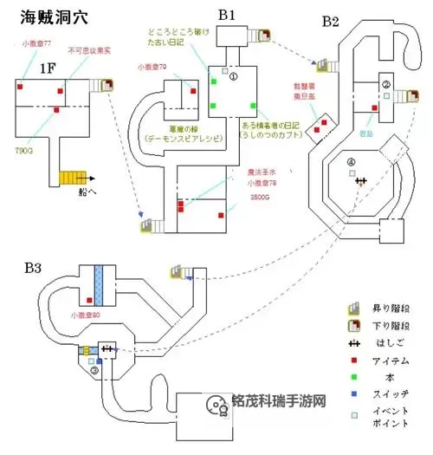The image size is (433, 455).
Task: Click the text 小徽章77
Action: (x=36, y=42)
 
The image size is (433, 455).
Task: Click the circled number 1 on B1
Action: (x=233, y=76)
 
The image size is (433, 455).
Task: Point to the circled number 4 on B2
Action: (x=351, y=162)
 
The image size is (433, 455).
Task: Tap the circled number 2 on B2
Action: (x=387, y=84)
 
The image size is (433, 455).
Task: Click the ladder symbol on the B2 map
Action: (x=361, y=180)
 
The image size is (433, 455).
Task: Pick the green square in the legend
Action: (x=353, y=376)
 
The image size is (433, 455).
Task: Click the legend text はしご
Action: (x=385, y=343)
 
